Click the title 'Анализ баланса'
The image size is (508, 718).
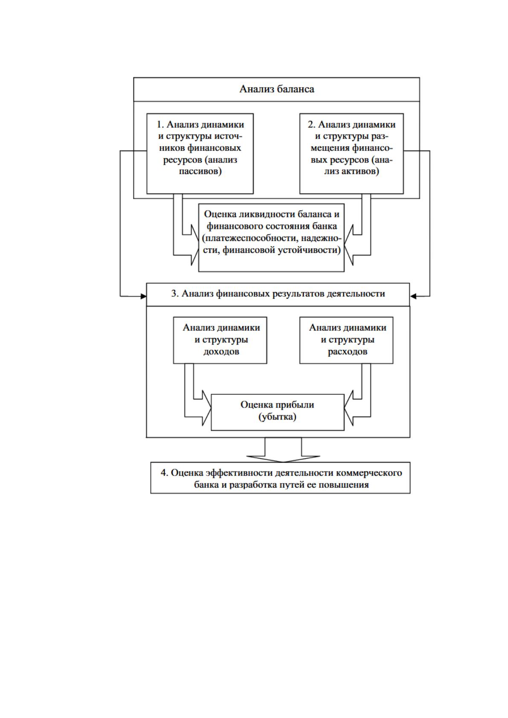click(277, 89)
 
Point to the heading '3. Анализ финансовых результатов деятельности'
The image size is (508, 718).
click(278, 294)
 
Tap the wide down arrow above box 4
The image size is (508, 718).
click(283, 450)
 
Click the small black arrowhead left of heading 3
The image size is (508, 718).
click(143, 296)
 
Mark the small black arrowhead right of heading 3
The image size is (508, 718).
click(413, 296)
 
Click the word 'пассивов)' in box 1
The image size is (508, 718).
click(200, 171)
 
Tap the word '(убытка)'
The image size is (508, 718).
click(277, 417)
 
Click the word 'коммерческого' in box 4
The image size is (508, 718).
click(370, 473)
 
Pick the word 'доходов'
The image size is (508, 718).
click(221, 352)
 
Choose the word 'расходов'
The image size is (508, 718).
click(347, 352)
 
